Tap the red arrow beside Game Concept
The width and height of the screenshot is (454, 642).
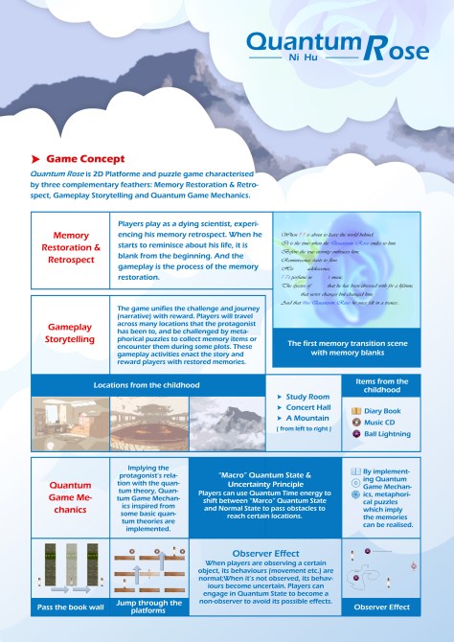click(x=35, y=157)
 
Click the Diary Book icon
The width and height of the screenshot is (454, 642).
click(x=356, y=410)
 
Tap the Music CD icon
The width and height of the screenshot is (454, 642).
click(x=356, y=422)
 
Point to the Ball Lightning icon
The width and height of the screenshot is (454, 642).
click(x=356, y=433)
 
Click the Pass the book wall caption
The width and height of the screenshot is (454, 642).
click(x=70, y=608)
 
